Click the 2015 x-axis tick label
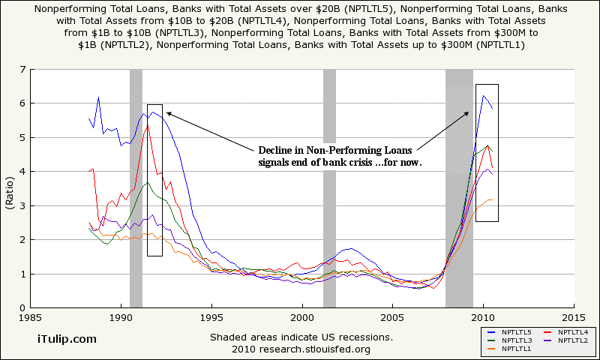point(574,317)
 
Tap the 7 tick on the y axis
point(22,70)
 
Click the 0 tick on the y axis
point(22,308)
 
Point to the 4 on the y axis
point(22,172)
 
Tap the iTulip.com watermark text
point(67,339)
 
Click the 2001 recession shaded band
point(329,225)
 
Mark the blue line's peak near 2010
point(484,96)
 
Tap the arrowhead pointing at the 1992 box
point(168,113)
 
